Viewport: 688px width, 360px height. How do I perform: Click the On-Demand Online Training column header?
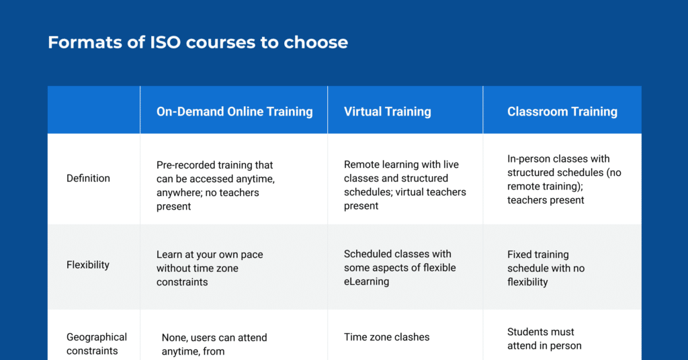pos(234,111)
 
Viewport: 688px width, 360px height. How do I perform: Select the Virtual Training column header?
pos(387,111)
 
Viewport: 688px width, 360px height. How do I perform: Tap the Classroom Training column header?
pos(562,111)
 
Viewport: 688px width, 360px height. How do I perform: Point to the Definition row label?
pos(88,178)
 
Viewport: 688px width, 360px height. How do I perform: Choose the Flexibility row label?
pos(87,265)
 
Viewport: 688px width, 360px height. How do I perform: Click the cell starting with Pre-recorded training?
pos(215,185)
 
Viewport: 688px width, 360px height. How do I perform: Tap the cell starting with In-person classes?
pos(564,179)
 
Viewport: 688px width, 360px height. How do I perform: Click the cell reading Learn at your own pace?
pos(210,268)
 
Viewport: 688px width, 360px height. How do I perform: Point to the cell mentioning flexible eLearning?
pos(400,267)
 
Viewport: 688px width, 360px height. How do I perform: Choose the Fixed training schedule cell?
pos(546,268)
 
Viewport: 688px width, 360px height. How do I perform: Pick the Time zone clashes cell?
pos(386,337)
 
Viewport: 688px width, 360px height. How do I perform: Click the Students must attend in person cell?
pos(544,339)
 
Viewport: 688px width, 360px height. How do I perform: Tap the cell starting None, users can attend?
pos(214,344)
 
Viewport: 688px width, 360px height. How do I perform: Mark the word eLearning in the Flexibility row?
pos(366,281)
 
